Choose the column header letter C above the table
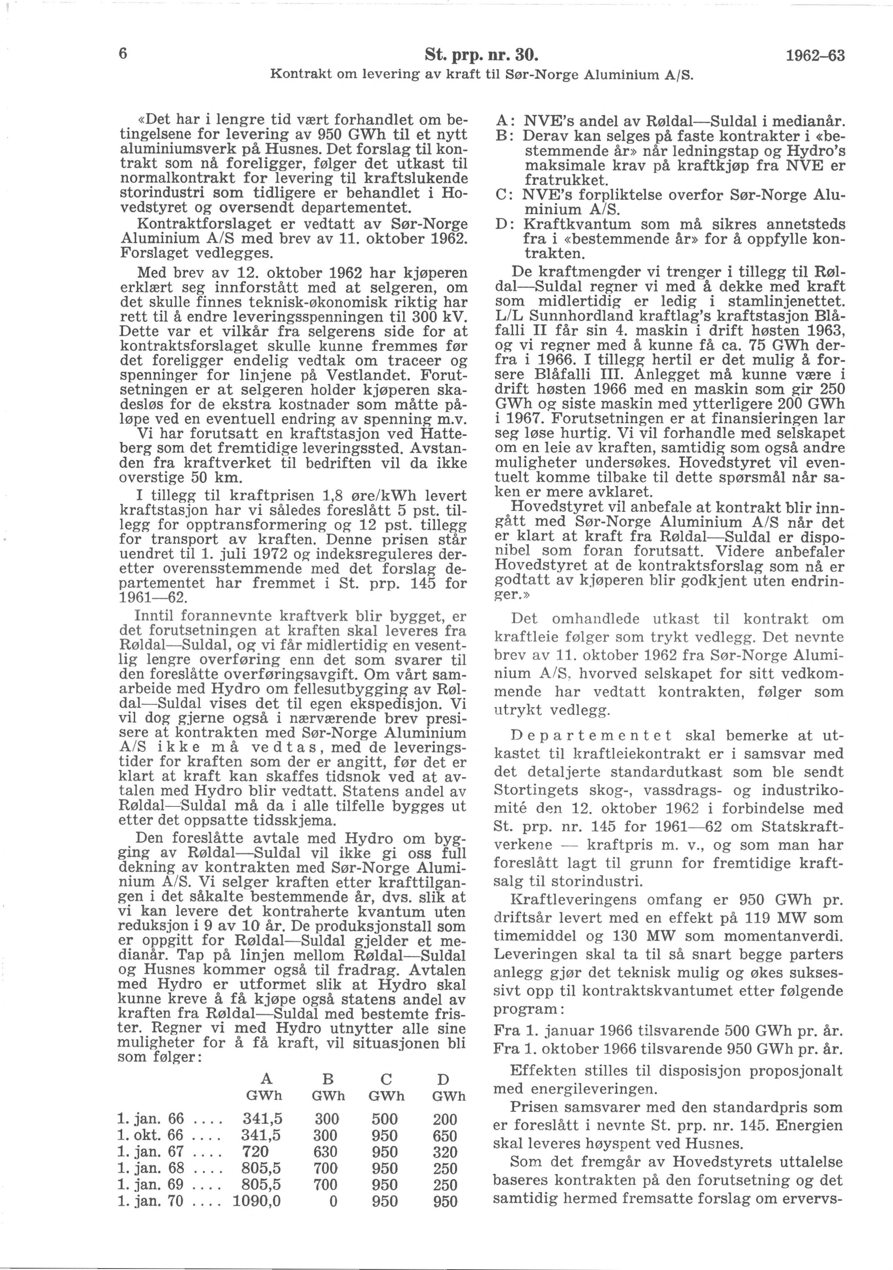click(386, 1079)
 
